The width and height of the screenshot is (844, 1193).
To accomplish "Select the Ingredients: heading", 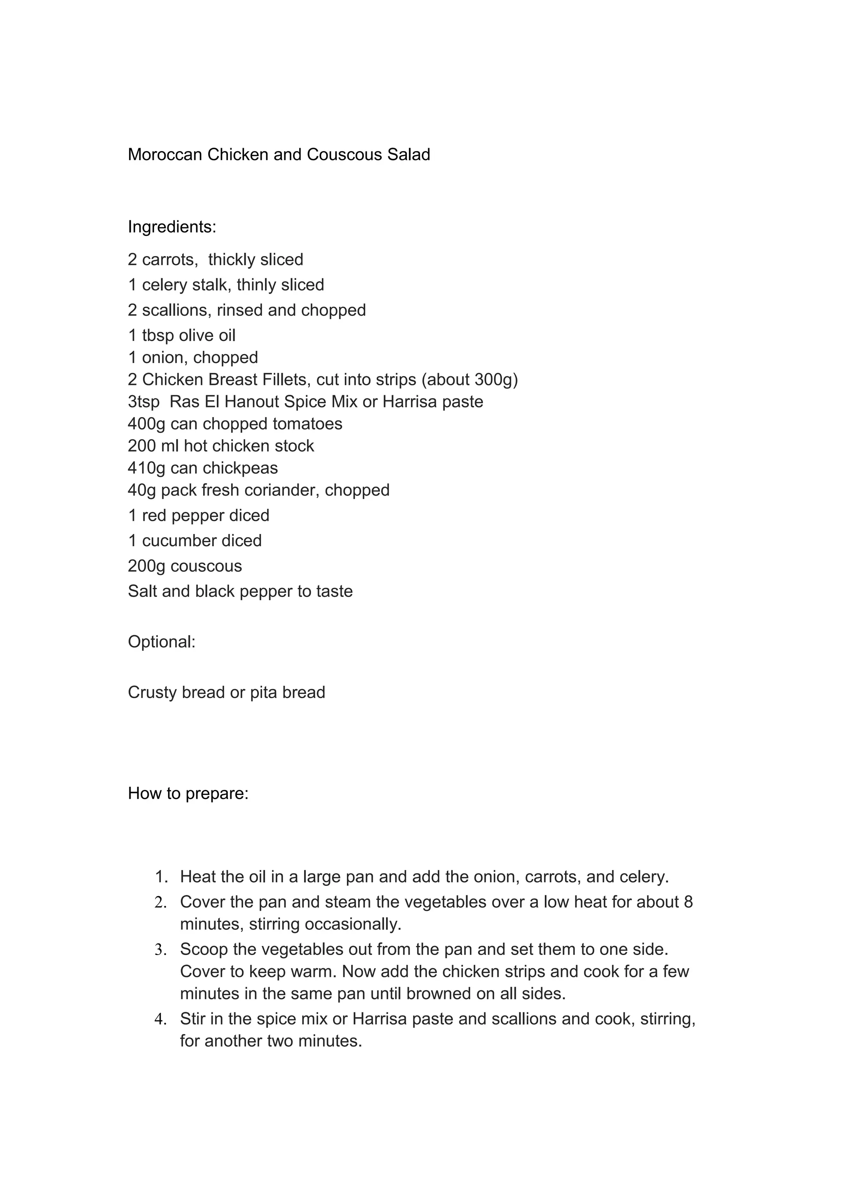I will (171, 227).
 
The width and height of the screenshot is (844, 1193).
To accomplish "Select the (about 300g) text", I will (469, 380).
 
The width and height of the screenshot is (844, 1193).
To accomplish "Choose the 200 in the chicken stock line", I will (142, 446).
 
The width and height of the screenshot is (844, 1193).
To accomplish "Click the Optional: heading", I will (161, 642).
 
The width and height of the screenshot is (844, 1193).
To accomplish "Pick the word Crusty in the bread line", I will (152, 693).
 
